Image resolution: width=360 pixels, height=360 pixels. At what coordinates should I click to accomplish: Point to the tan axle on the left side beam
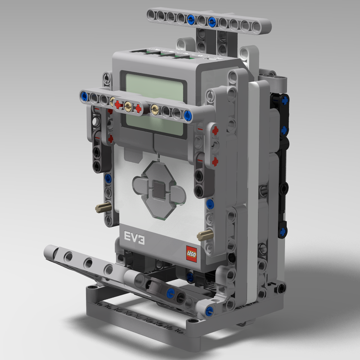click(x=103, y=208)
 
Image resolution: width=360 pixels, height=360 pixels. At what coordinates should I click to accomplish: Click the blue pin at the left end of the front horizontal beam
click(x=84, y=96)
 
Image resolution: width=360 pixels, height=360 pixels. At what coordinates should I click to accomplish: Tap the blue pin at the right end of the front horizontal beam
click(x=187, y=114)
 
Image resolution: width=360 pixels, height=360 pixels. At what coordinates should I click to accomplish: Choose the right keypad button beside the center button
click(x=176, y=194)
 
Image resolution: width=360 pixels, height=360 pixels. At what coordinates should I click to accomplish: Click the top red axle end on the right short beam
click(x=215, y=130)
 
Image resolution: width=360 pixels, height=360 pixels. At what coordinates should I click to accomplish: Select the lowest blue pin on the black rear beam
click(x=283, y=232)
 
